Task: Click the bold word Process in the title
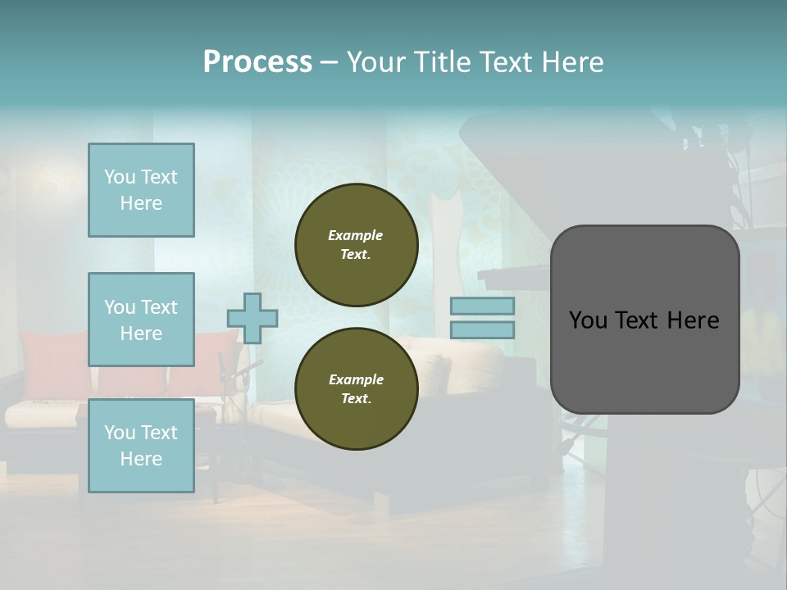tap(257, 62)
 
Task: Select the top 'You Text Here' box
tap(141, 190)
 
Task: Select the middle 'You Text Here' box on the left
tap(141, 320)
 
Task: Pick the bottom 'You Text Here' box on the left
tap(141, 445)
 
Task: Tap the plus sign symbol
tap(252, 318)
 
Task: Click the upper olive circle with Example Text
tap(357, 244)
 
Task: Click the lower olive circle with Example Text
tap(357, 388)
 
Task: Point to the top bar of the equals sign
tap(482, 306)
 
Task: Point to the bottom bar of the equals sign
tap(482, 329)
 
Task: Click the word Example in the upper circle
tap(356, 235)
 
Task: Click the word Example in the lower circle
tap(356, 379)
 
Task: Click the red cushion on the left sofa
tap(53, 361)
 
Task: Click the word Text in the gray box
tap(631, 320)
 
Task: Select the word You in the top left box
tap(120, 177)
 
